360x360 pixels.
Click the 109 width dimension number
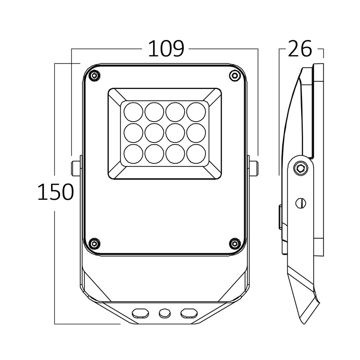tap(166, 49)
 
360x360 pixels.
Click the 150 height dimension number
tap(55, 192)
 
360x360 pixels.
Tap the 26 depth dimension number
tap(300, 49)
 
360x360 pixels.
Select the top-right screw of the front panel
tap(234, 75)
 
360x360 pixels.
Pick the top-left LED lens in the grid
tap(134, 112)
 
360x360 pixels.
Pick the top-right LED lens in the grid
tap(196, 112)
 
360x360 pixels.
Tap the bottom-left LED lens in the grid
tap(134, 154)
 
